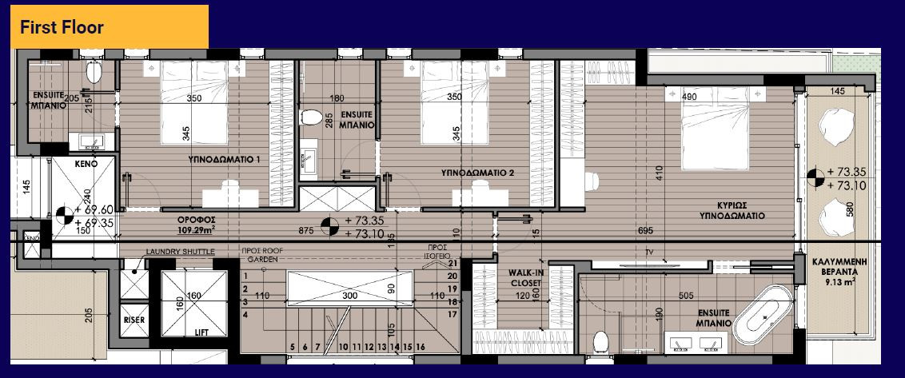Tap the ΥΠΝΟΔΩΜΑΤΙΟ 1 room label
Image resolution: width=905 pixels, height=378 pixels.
tap(225, 160)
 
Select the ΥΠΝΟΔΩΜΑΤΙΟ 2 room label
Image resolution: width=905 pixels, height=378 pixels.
tap(477, 172)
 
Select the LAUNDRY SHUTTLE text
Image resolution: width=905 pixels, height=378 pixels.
tap(180, 252)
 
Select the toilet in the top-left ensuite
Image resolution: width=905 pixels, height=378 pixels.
tap(94, 74)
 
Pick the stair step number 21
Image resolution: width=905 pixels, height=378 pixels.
tap(452, 264)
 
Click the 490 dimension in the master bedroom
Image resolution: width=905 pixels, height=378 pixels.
tap(689, 97)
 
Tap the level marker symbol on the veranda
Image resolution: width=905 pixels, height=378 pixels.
tap(815, 177)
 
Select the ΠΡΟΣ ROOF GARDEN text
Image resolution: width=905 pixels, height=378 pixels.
tap(263, 254)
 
